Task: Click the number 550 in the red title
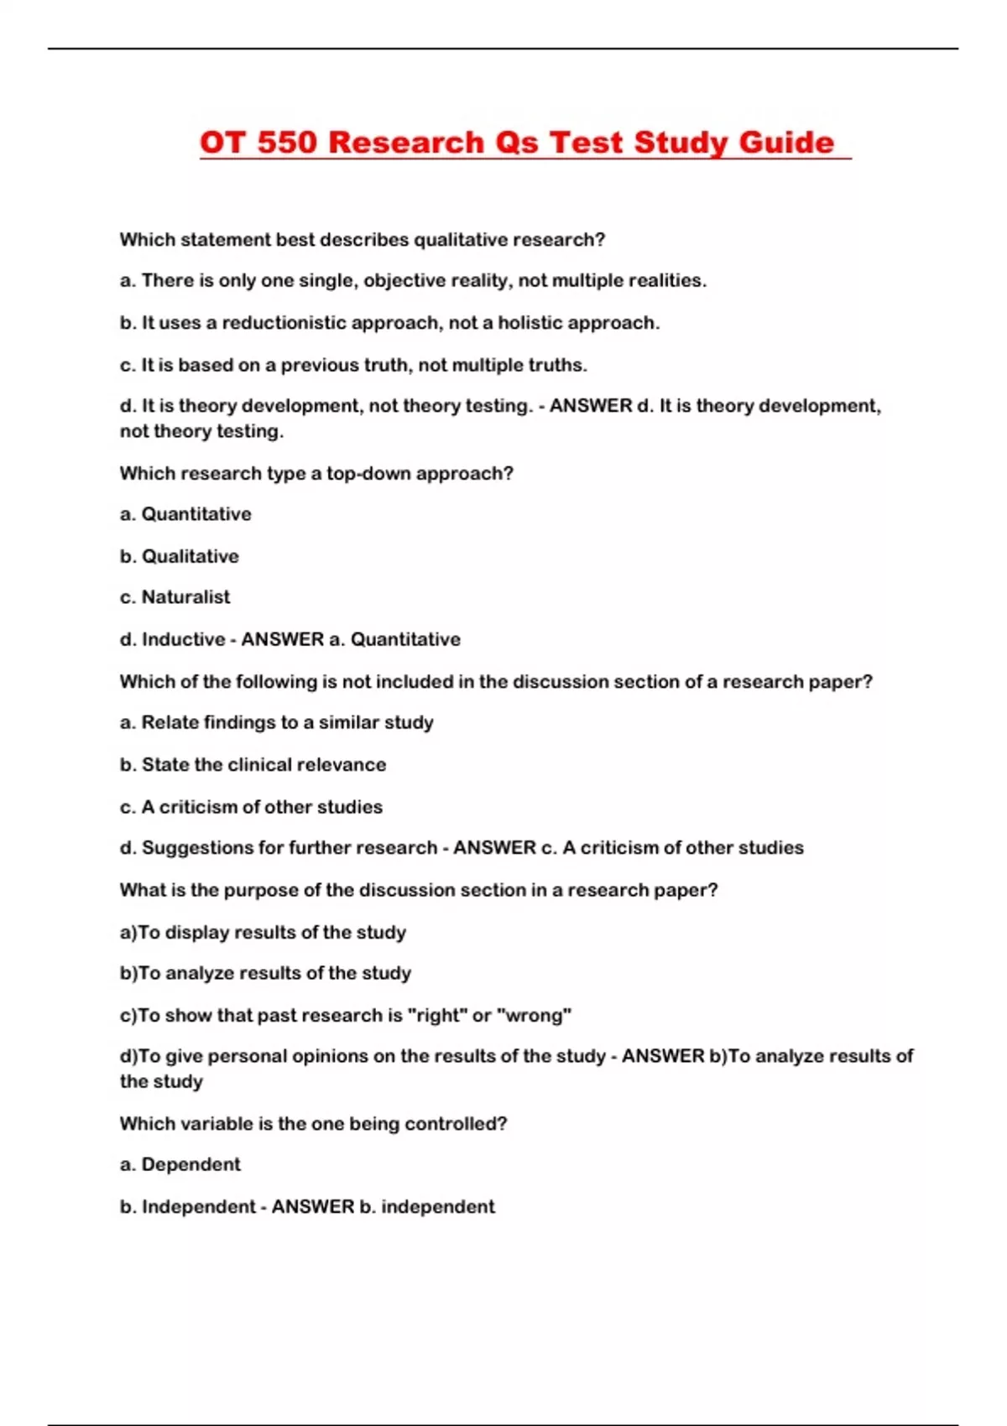(287, 143)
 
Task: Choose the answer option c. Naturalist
(175, 597)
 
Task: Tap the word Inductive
(183, 640)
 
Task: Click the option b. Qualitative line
(180, 556)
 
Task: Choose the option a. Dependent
(180, 1165)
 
